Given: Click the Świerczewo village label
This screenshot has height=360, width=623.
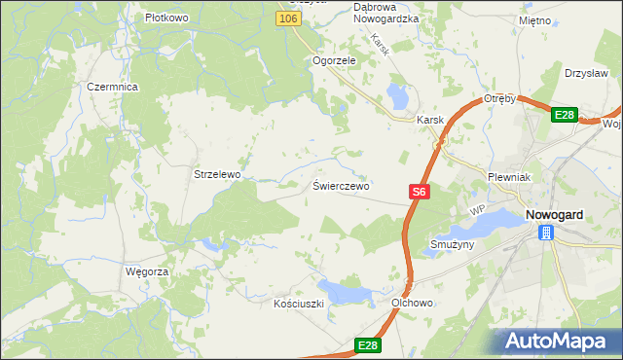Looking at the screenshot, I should click(341, 185).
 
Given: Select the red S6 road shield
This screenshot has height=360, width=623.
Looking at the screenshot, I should click(419, 193).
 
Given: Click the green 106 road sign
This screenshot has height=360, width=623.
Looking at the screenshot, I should click(286, 18).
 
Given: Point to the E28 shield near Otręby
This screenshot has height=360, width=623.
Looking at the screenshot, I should click(565, 115).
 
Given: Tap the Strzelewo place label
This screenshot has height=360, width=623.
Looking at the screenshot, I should click(217, 174).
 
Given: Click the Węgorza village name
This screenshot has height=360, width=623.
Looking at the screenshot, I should click(147, 271).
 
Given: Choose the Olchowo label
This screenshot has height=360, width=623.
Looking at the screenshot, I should click(412, 304).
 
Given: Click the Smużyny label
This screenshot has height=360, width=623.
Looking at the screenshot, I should click(451, 245).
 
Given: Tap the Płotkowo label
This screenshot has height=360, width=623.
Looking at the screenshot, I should click(165, 18).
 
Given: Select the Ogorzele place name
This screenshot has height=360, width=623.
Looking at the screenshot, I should click(334, 59).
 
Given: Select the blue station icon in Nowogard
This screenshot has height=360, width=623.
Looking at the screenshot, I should click(547, 232).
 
